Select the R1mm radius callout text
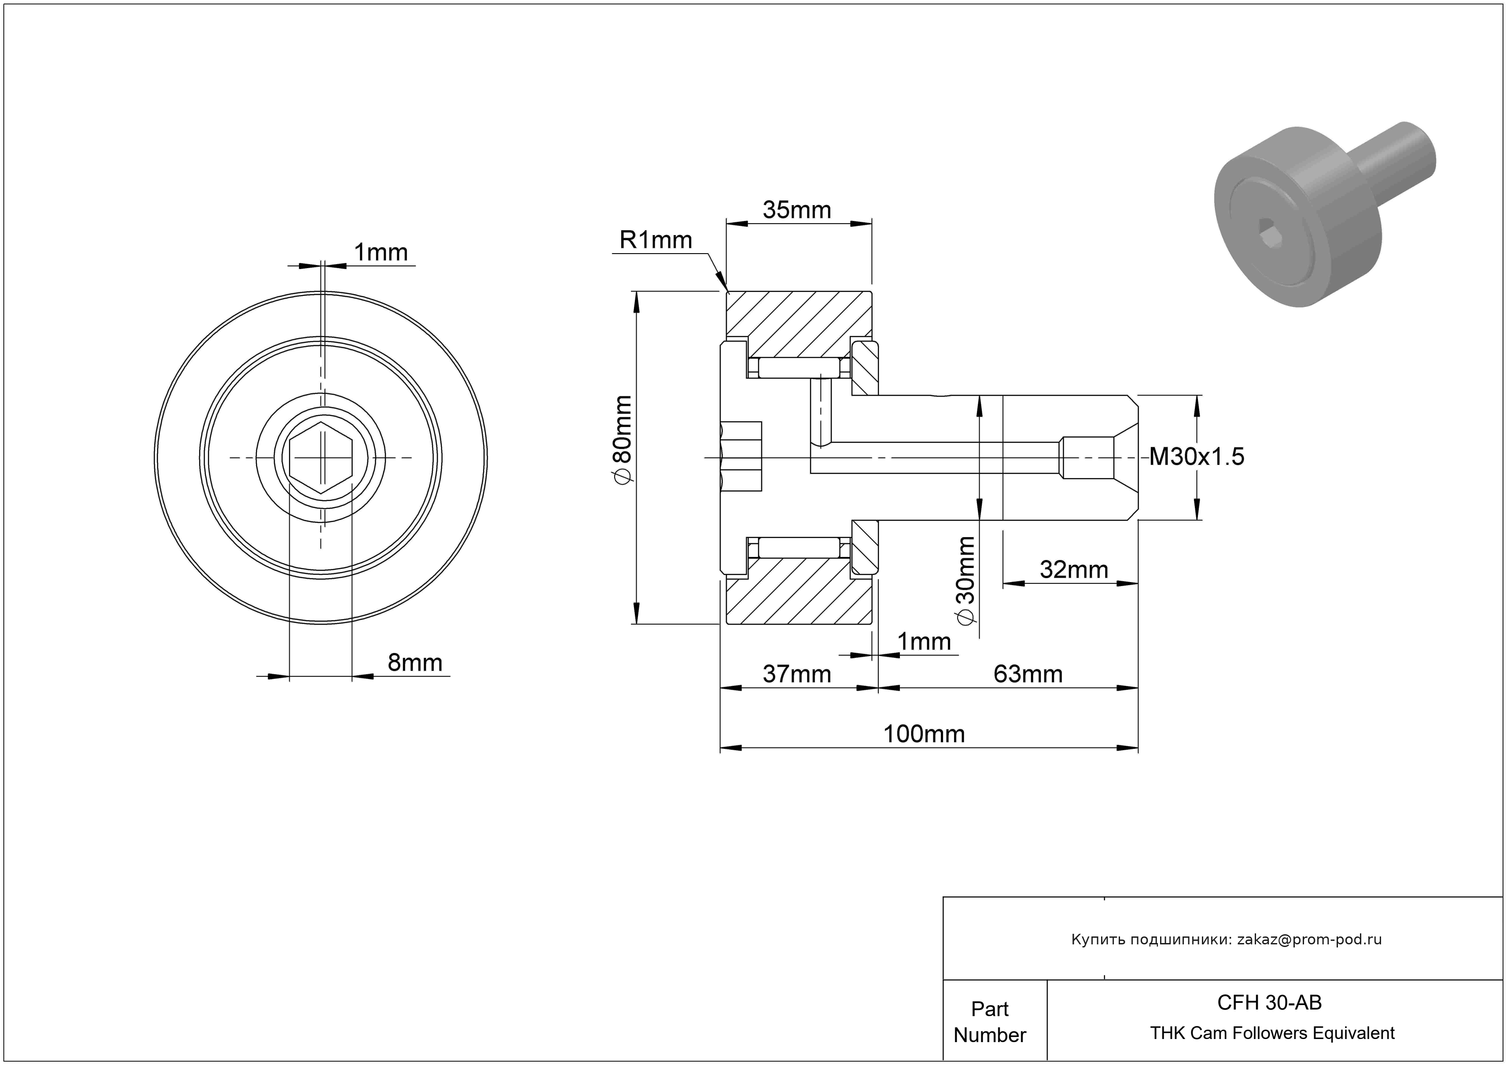click(x=655, y=240)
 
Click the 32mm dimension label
click(x=1074, y=570)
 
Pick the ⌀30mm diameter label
click(x=966, y=580)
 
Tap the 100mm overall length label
click(x=924, y=733)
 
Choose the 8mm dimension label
click(x=414, y=663)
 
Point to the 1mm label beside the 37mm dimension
click(x=924, y=642)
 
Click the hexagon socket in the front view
click(x=321, y=457)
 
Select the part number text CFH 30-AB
click(x=1269, y=1002)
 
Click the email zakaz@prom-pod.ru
click(x=1309, y=940)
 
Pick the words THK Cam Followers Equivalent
click(x=1271, y=1033)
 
